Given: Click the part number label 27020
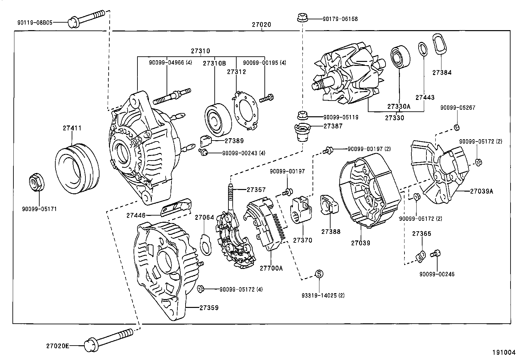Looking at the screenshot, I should click(261, 25).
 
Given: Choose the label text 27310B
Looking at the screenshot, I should click(214, 63).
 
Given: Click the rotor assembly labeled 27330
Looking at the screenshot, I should click(347, 75).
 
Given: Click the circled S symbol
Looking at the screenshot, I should click(319, 274).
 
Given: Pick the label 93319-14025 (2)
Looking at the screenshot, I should click(323, 295).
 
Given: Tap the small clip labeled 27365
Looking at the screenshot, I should click(421, 257).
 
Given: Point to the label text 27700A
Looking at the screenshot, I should click(271, 268).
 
